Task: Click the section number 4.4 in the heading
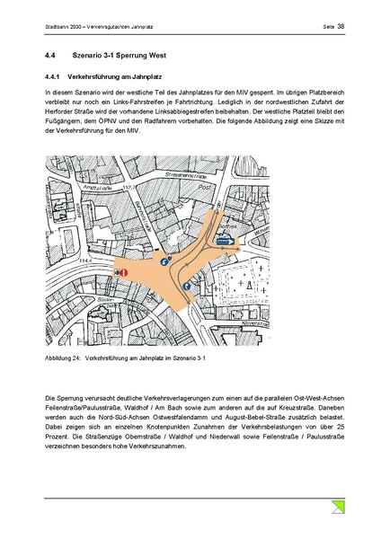click(x=50, y=57)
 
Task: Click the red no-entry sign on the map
click(x=124, y=272)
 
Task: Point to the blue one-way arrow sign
click(x=220, y=241)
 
